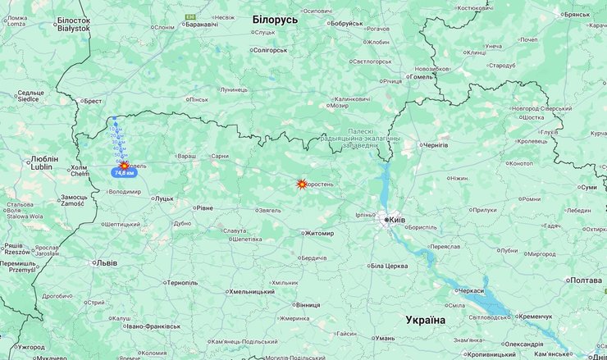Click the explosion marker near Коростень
point(302,185)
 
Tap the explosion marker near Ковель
point(124,165)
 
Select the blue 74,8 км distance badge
point(124,173)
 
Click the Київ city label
point(396,220)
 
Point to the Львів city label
point(107,263)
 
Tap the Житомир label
point(319,233)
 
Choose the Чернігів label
point(434,145)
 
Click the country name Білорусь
point(275,19)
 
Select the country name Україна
point(425,320)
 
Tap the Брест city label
point(92,101)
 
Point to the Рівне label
point(204,207)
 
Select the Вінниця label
point(308,304)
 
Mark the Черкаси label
point(471,291)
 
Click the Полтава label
point(586,280)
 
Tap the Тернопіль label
point(182,283)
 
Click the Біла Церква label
point(389,266)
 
